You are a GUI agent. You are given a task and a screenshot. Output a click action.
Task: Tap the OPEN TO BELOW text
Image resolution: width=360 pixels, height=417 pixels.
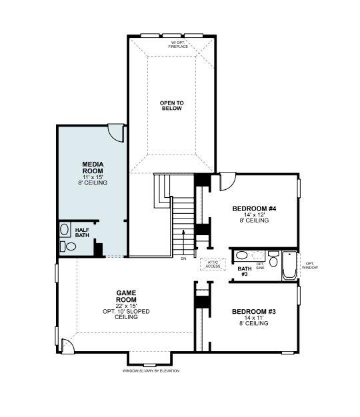pos(171,106)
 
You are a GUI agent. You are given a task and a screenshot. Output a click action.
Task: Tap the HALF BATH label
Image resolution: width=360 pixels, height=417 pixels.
pos(81,232)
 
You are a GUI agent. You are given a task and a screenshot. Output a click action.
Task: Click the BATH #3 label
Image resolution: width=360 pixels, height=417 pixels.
pos(244,271)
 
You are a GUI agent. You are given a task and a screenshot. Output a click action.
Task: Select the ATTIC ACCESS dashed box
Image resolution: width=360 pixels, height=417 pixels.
pos(213,264)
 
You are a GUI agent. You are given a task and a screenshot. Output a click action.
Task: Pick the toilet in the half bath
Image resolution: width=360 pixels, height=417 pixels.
pos(70,247)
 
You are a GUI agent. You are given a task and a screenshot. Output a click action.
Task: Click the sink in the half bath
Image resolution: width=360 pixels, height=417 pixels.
pos(65,230)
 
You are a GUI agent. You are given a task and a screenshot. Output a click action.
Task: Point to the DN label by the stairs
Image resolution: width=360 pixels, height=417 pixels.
pos(183,258)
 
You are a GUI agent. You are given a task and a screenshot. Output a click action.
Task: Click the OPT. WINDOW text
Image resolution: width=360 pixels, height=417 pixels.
pos(311,264)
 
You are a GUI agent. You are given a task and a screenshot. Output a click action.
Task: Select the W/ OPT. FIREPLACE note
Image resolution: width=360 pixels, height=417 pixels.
pos(178,45)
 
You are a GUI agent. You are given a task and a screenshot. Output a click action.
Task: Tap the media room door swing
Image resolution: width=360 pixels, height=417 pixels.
pos(117,133)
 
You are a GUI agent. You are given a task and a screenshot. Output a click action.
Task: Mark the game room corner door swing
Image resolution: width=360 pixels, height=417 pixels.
pos(66,345)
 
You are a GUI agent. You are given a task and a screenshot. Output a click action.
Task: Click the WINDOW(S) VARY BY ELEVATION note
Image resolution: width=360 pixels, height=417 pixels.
pos(151,370)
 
